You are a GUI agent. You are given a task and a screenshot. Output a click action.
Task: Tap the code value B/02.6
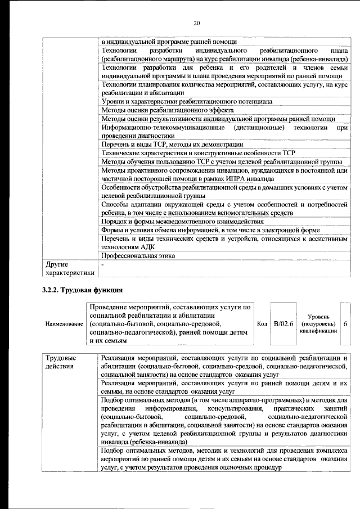(x=283, y=325)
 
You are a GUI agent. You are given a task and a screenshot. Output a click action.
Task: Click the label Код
(x=262, y=325)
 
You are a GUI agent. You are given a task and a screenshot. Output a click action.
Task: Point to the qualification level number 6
(x=345, y=325)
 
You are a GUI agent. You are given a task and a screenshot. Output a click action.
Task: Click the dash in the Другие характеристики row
(x=102, y=263)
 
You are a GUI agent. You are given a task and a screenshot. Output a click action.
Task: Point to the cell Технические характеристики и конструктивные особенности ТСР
(x=198, y=152)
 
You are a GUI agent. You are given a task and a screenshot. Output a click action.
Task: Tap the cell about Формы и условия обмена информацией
(x=211, y=229)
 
